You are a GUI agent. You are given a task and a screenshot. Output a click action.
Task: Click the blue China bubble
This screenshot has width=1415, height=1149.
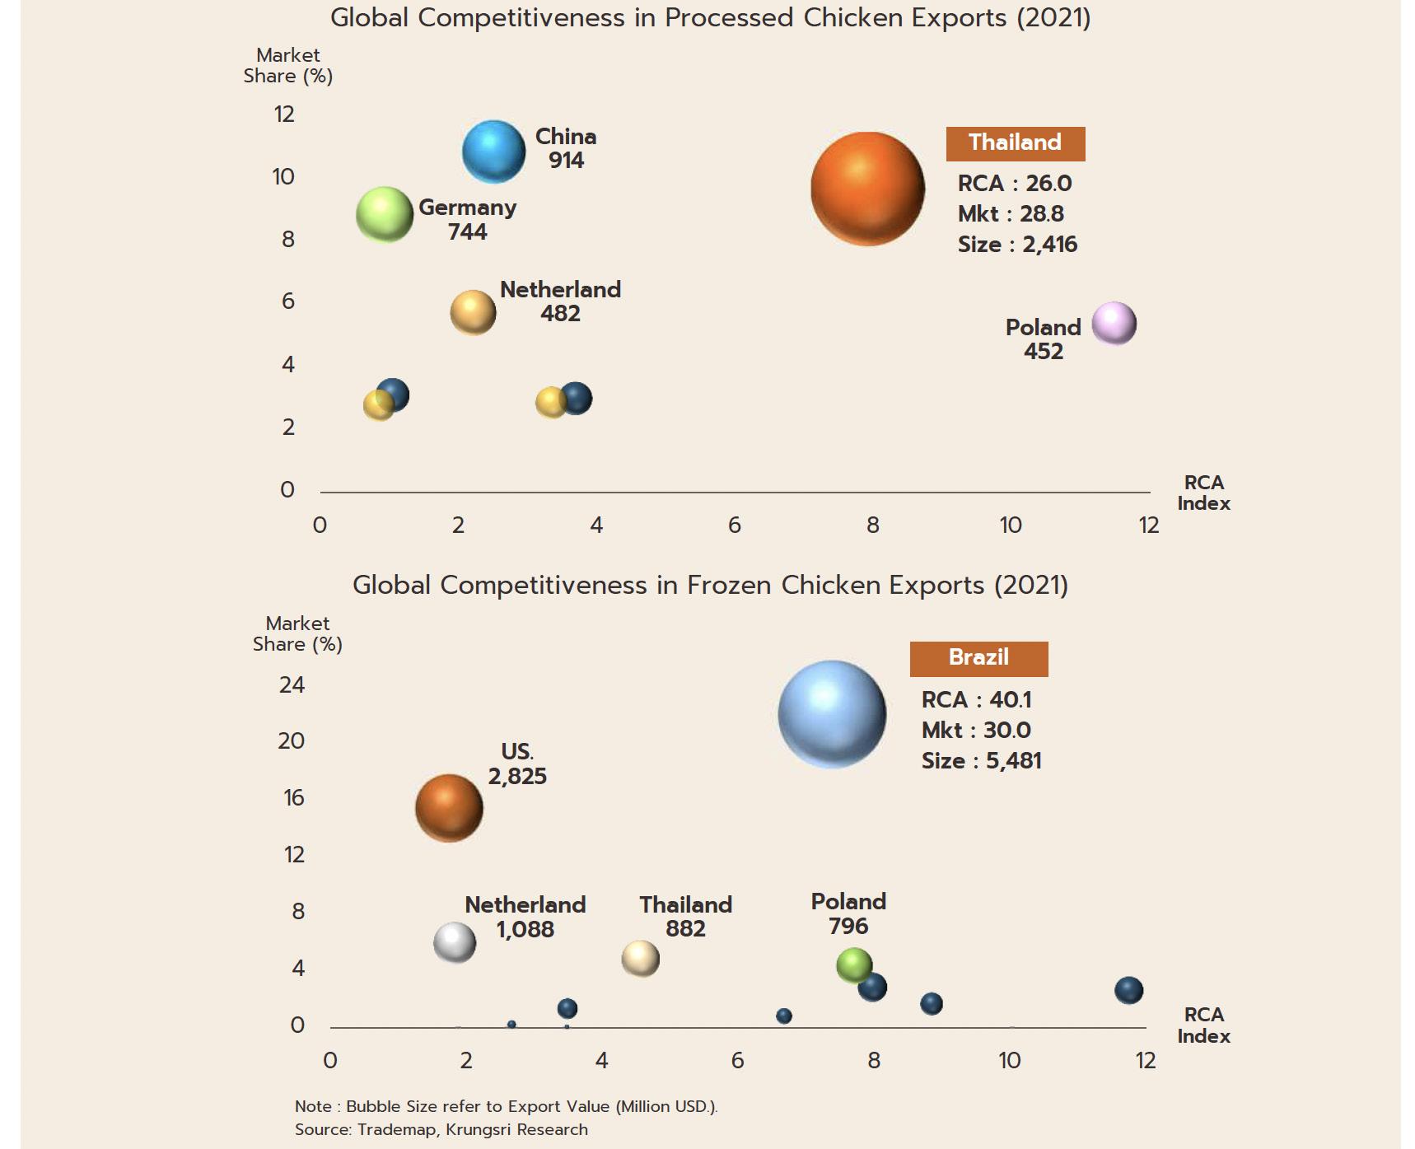click(x=493, y=152)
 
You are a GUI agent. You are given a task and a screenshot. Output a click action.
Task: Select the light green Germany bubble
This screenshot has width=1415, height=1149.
click(x=385, y=215)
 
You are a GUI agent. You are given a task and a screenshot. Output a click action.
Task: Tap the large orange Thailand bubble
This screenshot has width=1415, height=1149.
click(x=867, y=189)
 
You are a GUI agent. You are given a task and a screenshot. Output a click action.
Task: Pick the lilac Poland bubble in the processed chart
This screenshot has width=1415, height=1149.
click(x=1114, y=323)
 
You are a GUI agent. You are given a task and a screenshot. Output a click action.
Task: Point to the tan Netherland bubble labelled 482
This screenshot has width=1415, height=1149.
click(x=473, y=313)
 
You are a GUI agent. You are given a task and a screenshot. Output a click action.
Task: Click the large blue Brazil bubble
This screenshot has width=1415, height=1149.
click(x=832, y=714)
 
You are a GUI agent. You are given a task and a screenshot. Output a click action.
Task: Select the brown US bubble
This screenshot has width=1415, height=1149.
click(x=449, y=808)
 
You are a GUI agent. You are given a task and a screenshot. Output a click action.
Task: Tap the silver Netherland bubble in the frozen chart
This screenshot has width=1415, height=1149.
click(x=455, y=943)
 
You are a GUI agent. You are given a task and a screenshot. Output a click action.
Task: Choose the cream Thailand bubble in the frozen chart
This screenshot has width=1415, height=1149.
click(x=640, y=959)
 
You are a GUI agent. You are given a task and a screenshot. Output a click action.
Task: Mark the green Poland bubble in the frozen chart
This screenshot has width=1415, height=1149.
click(x=854, y=965)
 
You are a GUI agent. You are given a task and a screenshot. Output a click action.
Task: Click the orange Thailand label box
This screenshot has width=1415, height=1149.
click(x=1015, y=143)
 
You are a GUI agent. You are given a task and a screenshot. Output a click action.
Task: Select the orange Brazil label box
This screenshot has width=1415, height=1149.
click(x=978, y=658)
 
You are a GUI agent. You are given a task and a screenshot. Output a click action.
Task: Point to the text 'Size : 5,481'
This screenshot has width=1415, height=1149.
click(x=981, y=760)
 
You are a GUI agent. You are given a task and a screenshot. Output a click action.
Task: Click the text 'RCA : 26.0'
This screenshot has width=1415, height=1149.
click(x=1014, y=183)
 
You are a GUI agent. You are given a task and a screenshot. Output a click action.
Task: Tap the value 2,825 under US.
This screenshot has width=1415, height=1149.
click(x=517, y=776)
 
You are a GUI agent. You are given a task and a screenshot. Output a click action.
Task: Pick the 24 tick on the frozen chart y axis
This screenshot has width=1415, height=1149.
click(x=292, y=684)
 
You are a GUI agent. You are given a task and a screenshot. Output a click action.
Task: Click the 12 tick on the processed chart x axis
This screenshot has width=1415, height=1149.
click(x=1148, y=525)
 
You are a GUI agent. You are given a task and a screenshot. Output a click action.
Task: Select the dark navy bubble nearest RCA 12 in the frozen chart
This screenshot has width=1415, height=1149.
click(x=1128, y=990)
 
